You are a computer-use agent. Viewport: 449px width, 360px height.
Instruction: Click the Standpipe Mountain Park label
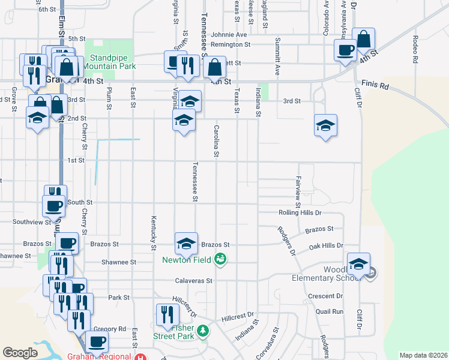(112, 62)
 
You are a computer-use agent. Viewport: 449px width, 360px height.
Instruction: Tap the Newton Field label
(186, 260)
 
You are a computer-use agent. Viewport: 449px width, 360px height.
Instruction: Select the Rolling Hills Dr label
(300, 213)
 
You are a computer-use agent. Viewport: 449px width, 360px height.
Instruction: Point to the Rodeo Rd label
(415, 49)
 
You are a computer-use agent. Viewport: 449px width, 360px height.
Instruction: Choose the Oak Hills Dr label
(325, 245)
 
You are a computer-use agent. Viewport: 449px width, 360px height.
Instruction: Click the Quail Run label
(330, 311)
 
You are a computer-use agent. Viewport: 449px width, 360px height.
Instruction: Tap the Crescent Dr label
(324, 296)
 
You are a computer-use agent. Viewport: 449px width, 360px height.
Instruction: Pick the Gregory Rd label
(109, 329)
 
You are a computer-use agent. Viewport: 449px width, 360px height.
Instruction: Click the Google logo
(20, 353)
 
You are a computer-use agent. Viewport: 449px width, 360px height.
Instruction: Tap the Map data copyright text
(423, 355)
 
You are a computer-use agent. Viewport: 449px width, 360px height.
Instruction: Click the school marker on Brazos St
(186, 243)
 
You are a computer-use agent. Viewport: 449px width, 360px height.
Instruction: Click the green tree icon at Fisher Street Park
(203, 331)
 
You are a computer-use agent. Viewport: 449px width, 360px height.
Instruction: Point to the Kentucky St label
(154, 233)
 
